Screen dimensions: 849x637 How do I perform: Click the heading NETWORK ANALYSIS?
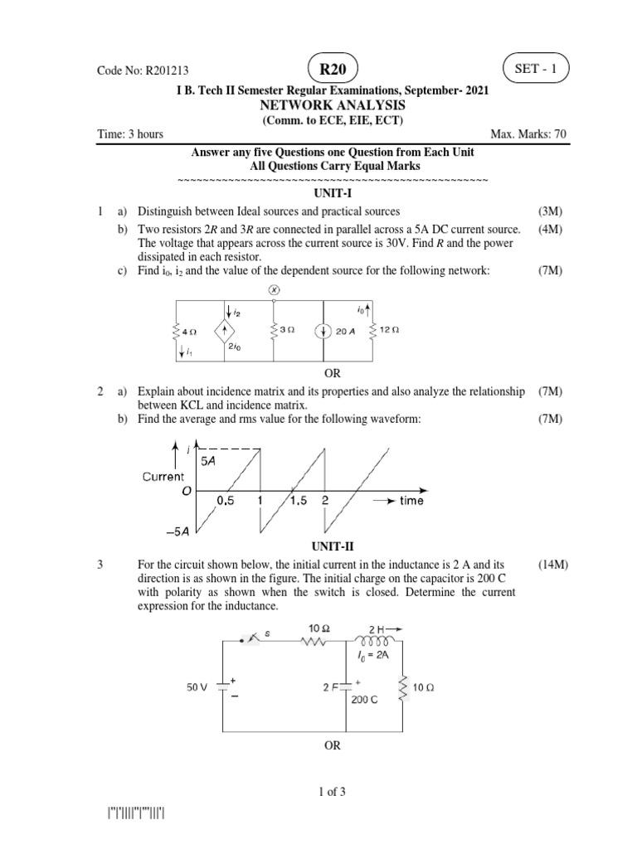pos(332,106)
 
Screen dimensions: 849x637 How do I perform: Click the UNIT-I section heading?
pos(332,192)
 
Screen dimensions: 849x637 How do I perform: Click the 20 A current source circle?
pos(322,330)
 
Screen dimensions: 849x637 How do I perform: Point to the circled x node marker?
pos(275,290)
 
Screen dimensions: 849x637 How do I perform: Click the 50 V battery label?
pos(199,687)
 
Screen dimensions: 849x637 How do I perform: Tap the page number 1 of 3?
pos(332,792)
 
